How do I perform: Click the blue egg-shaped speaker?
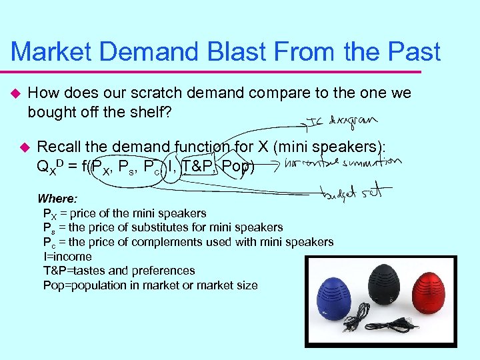coord(339,293)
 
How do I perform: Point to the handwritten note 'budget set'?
coord(357,193)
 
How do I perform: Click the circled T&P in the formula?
coord(198,165)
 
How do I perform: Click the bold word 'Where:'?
coord(57,199)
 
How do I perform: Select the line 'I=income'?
coord(67,257)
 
